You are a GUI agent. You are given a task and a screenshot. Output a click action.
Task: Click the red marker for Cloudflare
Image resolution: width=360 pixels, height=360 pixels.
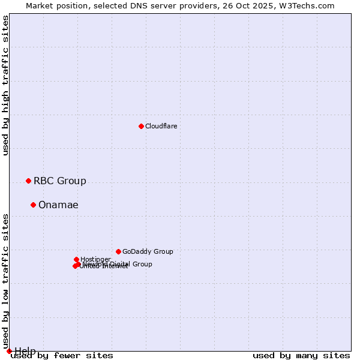click(141, 126)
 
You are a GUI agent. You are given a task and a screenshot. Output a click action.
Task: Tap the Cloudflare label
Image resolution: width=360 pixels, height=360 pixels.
click(161, 126)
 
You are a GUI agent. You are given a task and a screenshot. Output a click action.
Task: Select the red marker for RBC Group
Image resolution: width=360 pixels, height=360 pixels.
click(28, 181)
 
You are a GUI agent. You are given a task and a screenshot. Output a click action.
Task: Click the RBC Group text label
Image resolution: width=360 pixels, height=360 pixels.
click(59, 181)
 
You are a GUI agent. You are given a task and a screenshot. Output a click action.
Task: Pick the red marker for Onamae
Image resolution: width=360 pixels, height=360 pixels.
click(33, 205)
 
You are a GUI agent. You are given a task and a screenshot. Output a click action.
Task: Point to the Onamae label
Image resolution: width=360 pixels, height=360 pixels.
click(58, 205)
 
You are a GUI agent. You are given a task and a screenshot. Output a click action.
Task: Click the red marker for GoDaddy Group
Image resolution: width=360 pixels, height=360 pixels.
click(118, 251)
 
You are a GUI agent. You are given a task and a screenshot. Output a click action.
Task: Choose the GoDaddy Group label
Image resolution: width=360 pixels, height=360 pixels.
click(147, 251)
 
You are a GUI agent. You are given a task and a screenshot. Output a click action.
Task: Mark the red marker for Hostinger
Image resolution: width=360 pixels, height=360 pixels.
click(76, 259)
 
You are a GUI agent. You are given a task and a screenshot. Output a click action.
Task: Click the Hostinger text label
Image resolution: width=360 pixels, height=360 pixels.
click(95, 259)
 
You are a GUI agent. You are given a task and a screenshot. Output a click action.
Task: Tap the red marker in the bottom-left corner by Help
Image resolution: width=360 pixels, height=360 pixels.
click(9, 351)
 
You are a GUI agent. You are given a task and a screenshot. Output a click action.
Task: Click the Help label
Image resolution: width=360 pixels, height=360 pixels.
click(25, 351)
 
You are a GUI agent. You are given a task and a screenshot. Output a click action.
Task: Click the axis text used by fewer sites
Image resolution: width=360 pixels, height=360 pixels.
click(62, 356)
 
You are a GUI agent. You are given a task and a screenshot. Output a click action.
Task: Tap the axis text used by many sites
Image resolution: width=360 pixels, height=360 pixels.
click(301, 356)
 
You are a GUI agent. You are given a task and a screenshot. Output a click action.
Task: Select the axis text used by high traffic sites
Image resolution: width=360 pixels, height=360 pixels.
click(5, 85)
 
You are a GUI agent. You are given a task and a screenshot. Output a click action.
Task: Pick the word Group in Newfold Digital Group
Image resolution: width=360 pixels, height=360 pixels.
click(142, 264)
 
